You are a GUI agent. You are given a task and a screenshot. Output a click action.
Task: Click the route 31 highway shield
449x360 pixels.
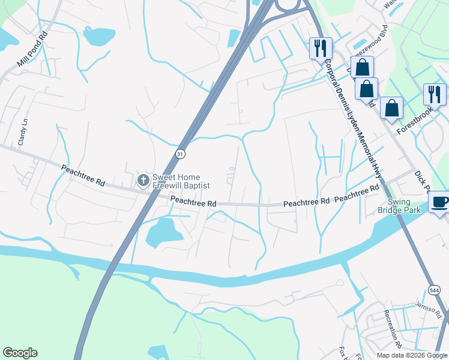tap(181, 154)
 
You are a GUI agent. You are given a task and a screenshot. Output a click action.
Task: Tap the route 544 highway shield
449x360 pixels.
tap(435, 290)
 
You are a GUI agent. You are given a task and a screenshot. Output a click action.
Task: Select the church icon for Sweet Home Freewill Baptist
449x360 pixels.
tap(143, 180)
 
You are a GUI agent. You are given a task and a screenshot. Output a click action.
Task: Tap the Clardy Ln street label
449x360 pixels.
tap(22, 133)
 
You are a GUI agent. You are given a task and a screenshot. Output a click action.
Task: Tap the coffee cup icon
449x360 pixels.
tap(440, 202)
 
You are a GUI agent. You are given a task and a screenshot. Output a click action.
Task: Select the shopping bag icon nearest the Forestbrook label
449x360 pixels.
tap(391, 109)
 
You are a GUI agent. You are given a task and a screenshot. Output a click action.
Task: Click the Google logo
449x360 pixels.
tap(20, 353)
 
